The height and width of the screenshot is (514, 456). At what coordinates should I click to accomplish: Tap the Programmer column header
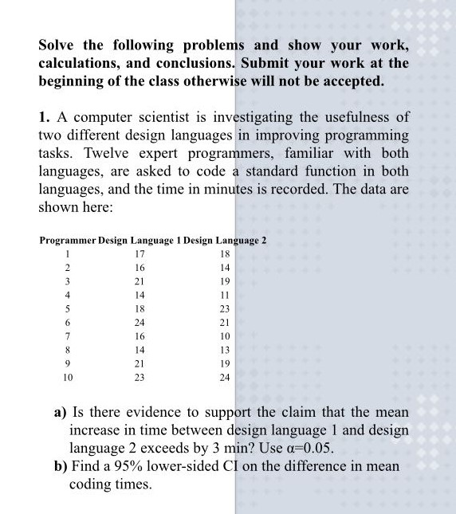point(67,240)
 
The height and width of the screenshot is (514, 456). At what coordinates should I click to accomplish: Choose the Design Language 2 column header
point(225,240)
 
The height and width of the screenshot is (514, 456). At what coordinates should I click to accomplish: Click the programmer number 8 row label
point(68,351)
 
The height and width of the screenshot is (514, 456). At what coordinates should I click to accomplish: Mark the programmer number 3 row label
point(68,281)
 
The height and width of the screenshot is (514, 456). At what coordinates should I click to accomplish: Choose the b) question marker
point(61,466)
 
